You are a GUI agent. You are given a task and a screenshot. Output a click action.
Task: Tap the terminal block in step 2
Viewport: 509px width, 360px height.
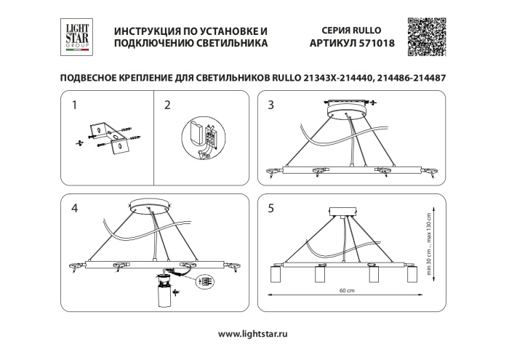point(203,137)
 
